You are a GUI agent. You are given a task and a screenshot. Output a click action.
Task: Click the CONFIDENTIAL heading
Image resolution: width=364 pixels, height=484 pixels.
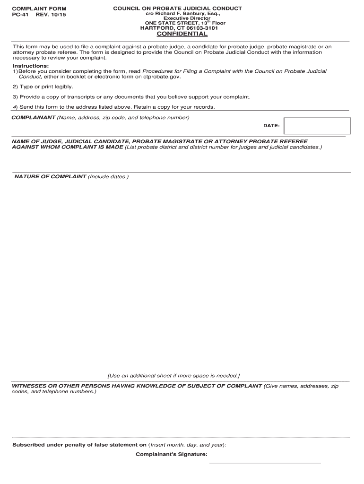[x=182, y=34]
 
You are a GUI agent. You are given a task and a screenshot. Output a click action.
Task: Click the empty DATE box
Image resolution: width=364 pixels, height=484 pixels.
[x=317, y=126]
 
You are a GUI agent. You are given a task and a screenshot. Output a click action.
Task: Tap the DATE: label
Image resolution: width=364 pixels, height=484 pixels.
[x=271, y=126]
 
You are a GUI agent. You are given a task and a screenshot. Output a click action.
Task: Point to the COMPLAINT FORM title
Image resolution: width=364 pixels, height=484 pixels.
[x=39, y=9]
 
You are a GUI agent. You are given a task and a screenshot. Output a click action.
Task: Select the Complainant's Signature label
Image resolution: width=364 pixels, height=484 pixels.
[x=171, y=454]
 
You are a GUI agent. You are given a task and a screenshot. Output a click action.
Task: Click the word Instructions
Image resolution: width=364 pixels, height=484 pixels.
[x=31, y=66]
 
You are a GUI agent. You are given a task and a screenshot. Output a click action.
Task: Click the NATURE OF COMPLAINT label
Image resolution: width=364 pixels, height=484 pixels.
[x=50, y=176]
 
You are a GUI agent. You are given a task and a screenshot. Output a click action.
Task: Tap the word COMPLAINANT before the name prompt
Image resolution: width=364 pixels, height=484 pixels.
[x=34, y=117]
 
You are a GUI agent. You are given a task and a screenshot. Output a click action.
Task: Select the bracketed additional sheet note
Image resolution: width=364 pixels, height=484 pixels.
[x=173, y=376]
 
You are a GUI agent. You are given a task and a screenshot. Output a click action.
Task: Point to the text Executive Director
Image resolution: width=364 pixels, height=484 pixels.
[x=186, y=18]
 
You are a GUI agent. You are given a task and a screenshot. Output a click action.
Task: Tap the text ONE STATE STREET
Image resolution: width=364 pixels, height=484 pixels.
[x=171, y=23]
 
